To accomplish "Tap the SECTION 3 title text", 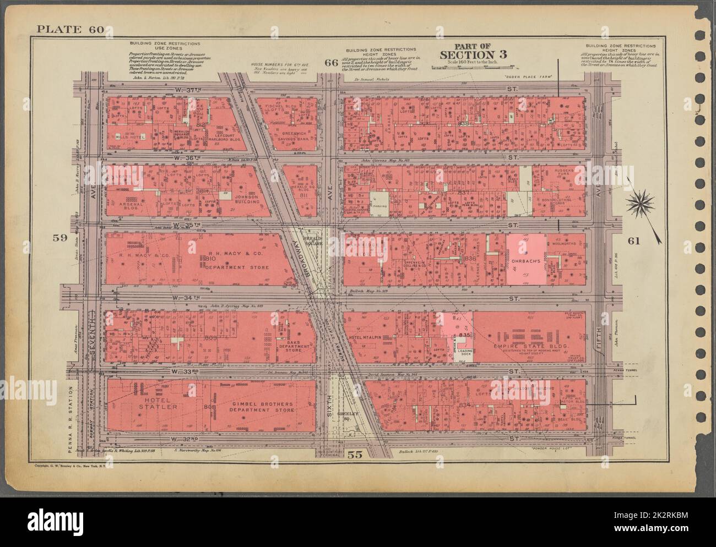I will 473,54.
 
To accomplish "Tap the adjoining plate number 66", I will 330,62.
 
